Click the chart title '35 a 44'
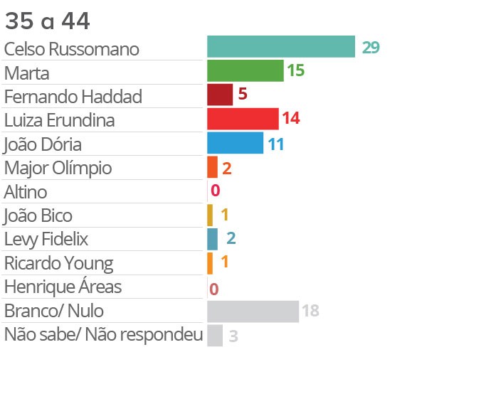47,21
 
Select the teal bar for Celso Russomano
280,47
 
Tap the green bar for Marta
245,70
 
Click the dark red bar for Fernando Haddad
220,95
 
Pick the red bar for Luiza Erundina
242,118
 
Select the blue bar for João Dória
235,143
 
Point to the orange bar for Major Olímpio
212,167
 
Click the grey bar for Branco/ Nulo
253,311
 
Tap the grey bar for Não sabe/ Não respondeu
215,336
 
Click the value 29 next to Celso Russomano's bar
370,48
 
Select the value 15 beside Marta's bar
296,70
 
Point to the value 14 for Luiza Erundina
290,119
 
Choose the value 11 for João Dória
276,144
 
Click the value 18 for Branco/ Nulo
310,311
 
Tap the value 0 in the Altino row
215,191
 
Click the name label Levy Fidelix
46,239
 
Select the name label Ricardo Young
58,263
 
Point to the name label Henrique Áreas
63,287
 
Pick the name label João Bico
38,215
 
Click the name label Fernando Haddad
73,95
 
